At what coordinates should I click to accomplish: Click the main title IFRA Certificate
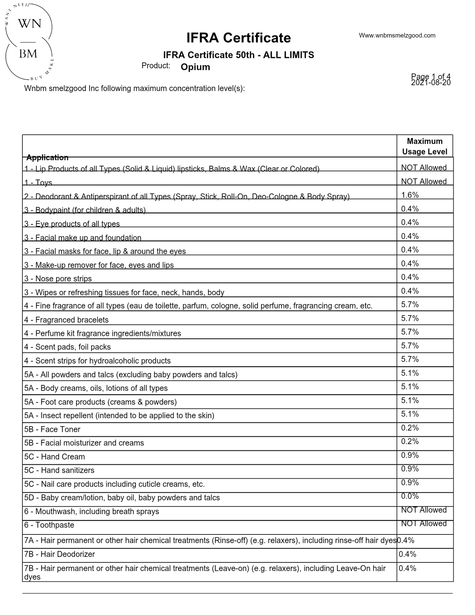coord(238,38)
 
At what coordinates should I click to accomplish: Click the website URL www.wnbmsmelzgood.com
coord(397,35)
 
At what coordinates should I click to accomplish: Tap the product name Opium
coord(195,67)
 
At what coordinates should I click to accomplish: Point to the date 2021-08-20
coord(431,83)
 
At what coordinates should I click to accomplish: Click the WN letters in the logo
coord(30,24)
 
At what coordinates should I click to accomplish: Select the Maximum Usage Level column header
coord(424,146)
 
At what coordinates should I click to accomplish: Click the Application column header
coord(47,157)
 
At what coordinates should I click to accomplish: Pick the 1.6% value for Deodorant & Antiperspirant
coord(410,195)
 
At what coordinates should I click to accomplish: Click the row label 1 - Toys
coord(38,182)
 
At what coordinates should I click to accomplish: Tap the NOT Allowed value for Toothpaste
coord(424,524)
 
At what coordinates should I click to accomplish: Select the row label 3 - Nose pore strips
coord(58,279)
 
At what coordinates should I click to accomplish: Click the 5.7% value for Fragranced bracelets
coord(410,318)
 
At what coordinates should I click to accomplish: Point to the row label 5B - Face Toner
coord(52,429)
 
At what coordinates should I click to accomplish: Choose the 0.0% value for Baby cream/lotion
coord(410,496)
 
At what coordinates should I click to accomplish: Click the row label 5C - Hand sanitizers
coord(59,470)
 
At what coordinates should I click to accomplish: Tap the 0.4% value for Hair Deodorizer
coord(407,554)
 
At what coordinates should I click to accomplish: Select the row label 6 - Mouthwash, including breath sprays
coord(91,511)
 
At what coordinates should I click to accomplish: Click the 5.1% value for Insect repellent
coord(410,414)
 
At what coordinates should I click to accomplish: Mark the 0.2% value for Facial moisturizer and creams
coord(410,441)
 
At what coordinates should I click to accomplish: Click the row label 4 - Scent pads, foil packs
coord(67,347)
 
